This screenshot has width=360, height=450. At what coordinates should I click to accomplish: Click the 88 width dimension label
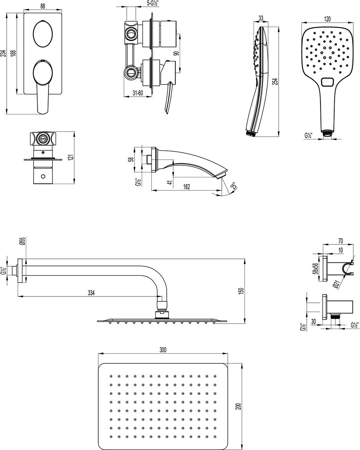42,7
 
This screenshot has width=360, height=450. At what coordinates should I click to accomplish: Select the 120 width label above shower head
327,19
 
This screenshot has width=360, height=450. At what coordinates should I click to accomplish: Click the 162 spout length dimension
186,186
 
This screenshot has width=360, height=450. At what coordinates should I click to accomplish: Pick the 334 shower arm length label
91,293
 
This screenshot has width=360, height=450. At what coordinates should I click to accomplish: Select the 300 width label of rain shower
163,350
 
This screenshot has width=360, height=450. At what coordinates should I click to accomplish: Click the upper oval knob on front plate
43,33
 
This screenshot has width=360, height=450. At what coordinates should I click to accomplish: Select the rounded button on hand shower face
327,82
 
